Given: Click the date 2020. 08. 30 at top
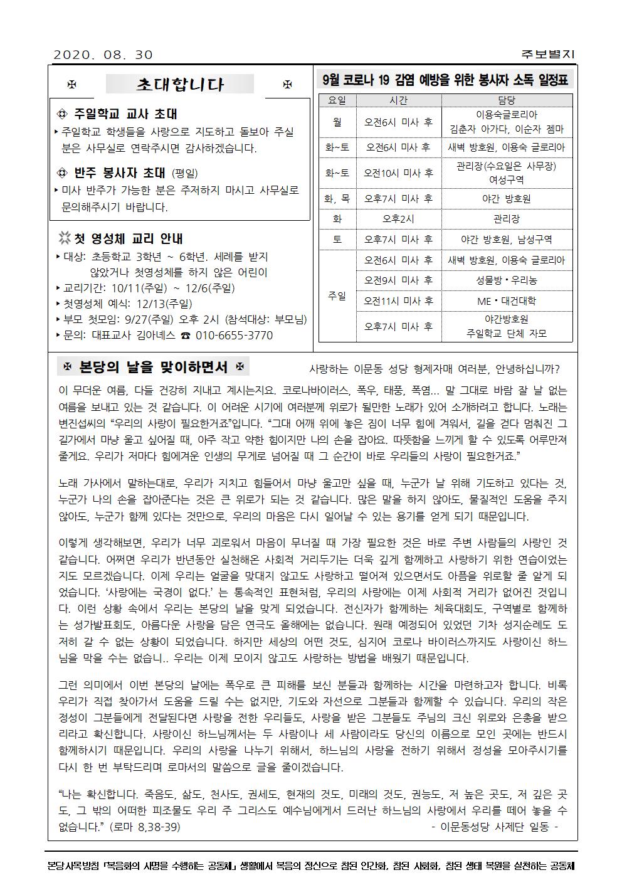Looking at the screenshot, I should (103, 55).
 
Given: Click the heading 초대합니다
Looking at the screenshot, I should (180, 84).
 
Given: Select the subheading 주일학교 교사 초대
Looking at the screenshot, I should (125, 114).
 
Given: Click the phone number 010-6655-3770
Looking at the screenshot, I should (234, 336).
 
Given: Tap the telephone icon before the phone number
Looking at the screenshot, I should (186, 336).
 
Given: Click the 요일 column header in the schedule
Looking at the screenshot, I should (337, 100).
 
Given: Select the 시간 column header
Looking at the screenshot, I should (399, 100).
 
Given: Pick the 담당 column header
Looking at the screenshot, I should (507, 100).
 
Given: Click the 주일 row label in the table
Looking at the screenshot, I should (337, 296).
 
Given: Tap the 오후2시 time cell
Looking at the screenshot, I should (399, 219).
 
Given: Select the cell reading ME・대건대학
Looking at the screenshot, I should (507, 301).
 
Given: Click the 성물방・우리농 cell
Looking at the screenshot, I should (507, 280).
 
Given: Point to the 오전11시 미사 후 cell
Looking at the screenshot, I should (399, 301).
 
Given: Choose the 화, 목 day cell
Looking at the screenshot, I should (337, 198).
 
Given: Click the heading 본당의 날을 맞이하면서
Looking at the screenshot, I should (152, 367).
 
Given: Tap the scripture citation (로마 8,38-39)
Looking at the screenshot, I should (145, 827).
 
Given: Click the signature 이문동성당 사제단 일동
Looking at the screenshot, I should (495, 827).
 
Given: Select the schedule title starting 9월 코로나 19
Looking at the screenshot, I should (445, 80).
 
